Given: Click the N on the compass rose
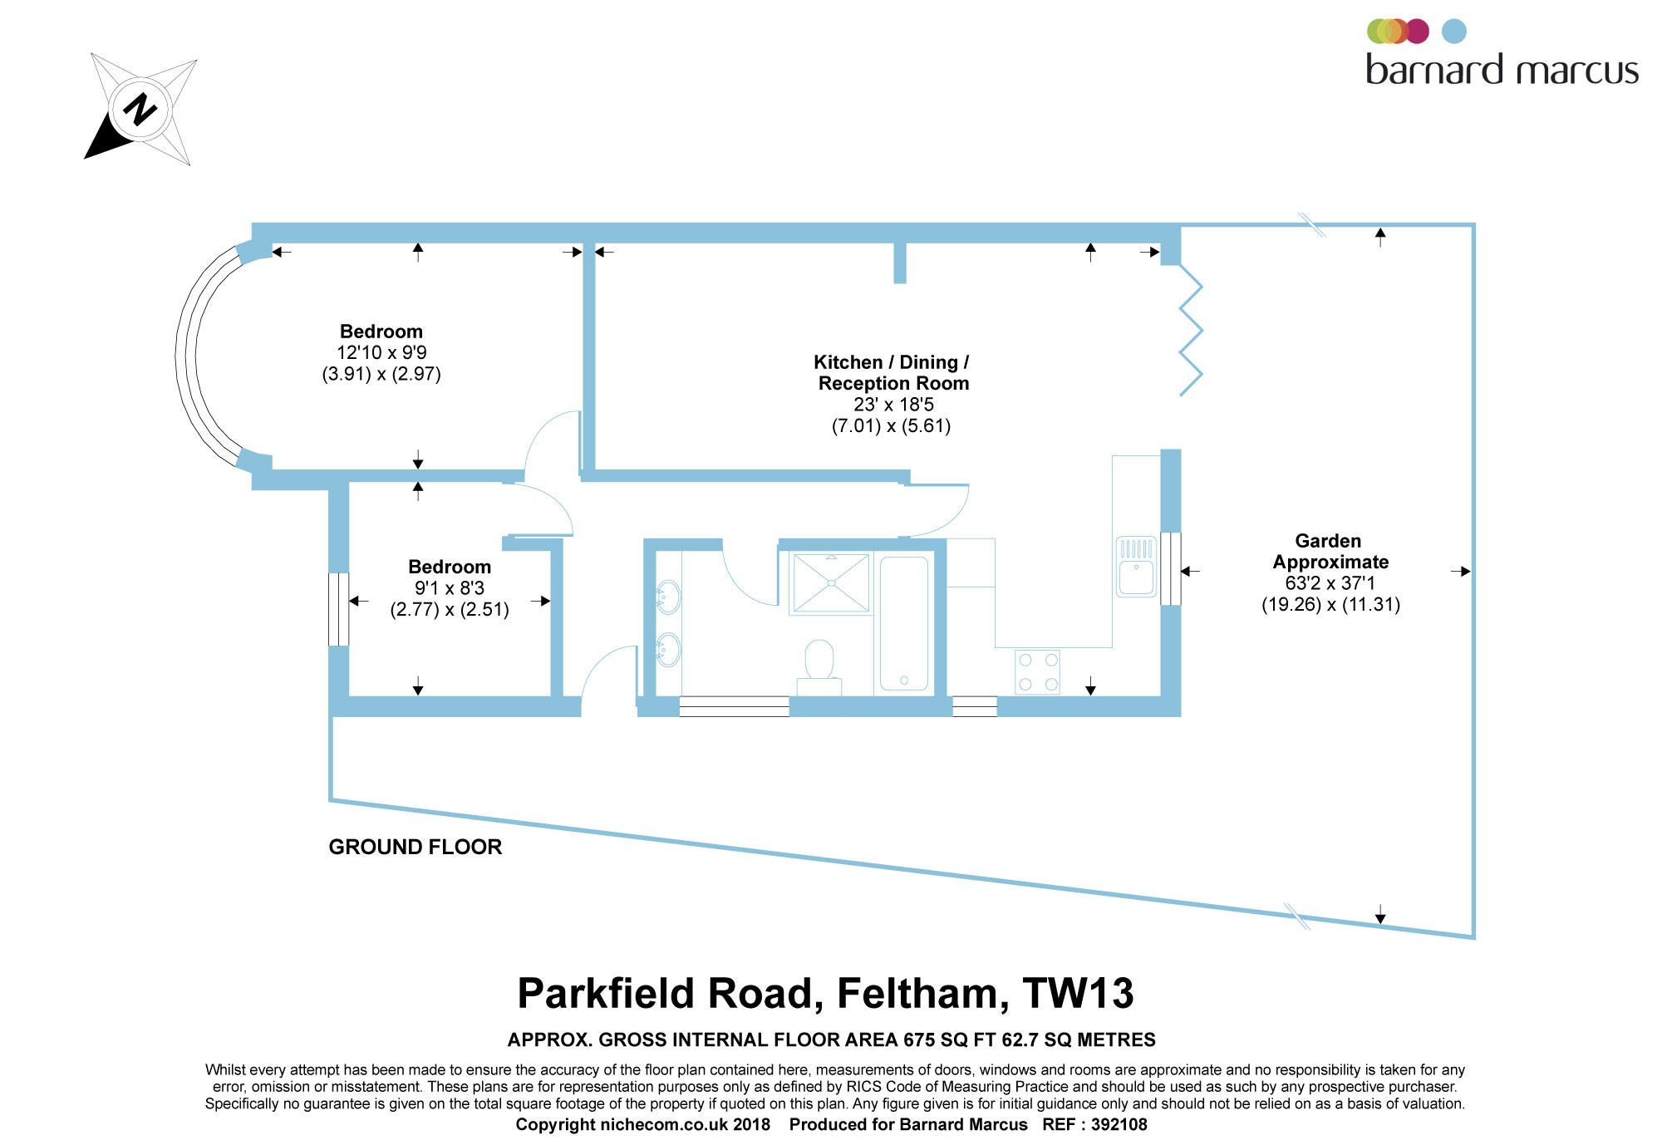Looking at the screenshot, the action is click(140, 109).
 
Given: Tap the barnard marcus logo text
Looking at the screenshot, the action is click(1502, 71).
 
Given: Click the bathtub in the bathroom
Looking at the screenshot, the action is click(903, 623).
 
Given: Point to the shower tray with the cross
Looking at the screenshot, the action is click(831, 582).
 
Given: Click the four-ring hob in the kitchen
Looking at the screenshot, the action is click(1038, 671).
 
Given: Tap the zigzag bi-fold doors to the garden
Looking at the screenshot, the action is click(1191, 330).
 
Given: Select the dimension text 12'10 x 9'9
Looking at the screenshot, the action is click(381, 353).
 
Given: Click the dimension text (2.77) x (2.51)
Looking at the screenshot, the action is click(450, 610).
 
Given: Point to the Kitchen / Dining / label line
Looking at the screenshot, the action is click(891, 362).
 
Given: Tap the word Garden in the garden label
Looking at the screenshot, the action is click(1328, 541).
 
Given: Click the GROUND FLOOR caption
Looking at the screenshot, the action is click(415, 847).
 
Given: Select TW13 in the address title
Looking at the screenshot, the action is click(1078, 993).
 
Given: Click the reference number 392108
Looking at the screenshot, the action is click(1119, 1124).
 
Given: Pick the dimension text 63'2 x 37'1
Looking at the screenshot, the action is click(1330, 583).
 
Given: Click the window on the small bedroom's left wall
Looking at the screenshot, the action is click(338, 609).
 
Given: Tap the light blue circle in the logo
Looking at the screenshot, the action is click(1453, 32).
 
